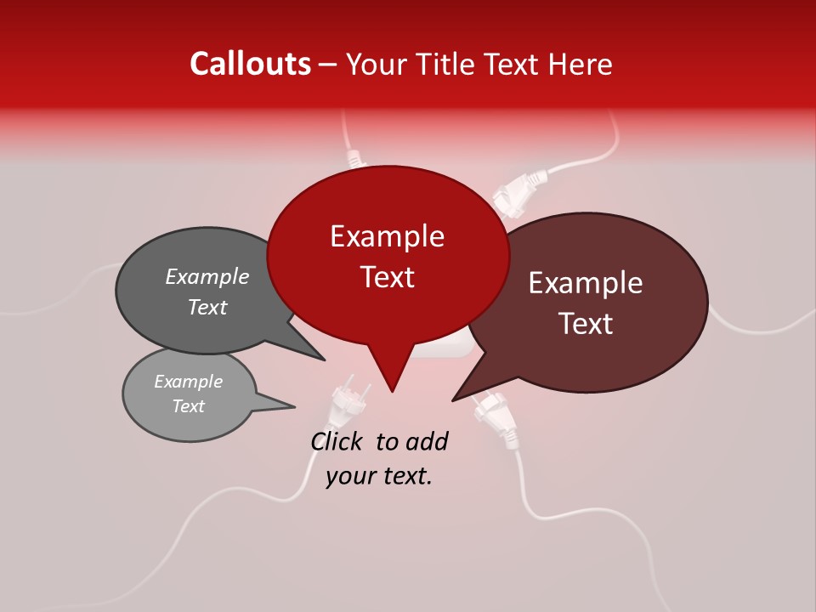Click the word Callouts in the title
click(251, 64)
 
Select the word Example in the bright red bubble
click(387, 236)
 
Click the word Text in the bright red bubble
click(387, 277)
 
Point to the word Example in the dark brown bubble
click(586, 283)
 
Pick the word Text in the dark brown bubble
click(586, 324)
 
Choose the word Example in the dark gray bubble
click(207, 276)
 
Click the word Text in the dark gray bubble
click(207, 307)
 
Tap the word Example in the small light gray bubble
click(188, 382)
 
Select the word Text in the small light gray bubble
click(188, 406)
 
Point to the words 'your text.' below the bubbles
click(379, 476)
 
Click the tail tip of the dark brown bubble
click(453, 400)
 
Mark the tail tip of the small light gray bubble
click(294, 407)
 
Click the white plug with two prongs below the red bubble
click(350, 400)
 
